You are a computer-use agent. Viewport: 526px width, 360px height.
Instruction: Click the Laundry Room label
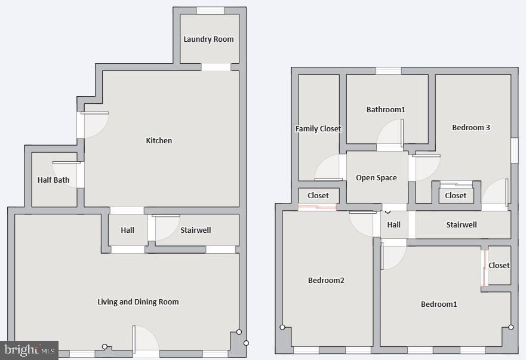(x=208, y=39)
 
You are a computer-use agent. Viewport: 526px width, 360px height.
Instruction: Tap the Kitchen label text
(x=159, y=141)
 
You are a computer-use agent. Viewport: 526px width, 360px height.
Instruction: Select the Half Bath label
(x=53, y=180)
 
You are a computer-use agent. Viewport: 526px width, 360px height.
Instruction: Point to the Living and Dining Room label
(x=138, y=302)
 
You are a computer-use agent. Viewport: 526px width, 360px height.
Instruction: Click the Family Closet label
(x=318, y=129)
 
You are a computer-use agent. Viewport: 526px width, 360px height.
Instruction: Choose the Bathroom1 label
(x=386, y=110)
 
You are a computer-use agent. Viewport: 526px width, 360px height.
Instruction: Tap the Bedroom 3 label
(x=471, y=128)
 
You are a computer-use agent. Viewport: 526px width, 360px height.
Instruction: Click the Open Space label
(x=376, y=178)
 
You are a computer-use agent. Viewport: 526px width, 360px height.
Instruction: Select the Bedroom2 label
(x=326, y=281)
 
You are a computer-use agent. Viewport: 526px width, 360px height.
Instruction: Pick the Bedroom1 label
(x=439, y=304)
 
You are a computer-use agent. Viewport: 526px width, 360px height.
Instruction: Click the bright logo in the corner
(x=29, y=350)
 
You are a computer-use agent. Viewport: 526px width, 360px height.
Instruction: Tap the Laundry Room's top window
(x=210, y=10)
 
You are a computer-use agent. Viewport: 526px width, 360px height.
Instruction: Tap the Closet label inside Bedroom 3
(x=456, y=196)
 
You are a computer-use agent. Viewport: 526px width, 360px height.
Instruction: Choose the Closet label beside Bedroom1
(x=499, y=266)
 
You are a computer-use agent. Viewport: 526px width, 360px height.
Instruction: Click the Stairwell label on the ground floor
(x=195, y=230)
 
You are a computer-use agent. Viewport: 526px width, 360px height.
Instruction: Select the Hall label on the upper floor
(x=394, y=225)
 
